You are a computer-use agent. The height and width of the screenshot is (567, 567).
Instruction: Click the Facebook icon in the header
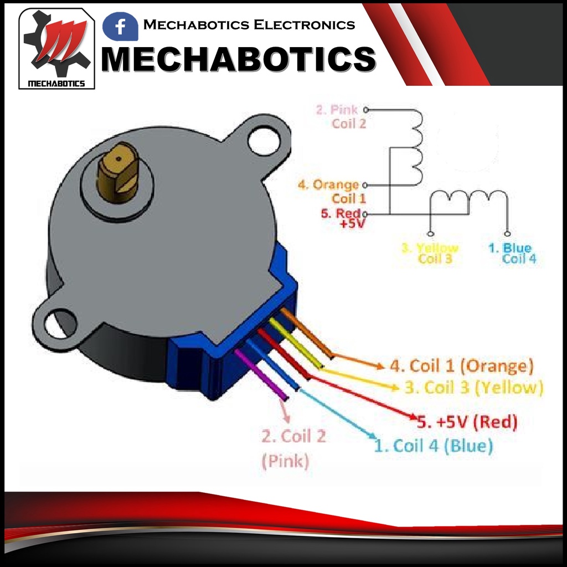[x=120, y=26]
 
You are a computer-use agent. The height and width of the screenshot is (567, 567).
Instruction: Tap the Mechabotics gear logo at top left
[x=56, y=49]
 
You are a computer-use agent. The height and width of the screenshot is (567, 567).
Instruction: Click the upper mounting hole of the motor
[x=265, y=140]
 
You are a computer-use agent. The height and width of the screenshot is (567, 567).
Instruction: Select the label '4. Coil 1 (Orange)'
[x=462, y=366]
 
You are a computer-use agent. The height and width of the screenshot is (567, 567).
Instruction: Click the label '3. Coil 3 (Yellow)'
[x=473, y=387]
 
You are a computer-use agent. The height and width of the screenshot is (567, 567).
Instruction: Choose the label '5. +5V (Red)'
[x=468, y=422]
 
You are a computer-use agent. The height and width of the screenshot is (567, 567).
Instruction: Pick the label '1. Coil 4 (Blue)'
[x=433, y=446]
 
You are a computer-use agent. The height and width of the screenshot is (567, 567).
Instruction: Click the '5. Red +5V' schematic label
[x=342, y=218]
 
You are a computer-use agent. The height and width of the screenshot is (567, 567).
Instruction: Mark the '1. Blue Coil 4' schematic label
[x=512, y=253]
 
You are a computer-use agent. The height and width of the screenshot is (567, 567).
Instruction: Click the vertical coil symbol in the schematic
[x=415, y=147]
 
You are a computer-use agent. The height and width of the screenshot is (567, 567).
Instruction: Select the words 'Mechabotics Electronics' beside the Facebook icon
[x=249, y=25]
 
